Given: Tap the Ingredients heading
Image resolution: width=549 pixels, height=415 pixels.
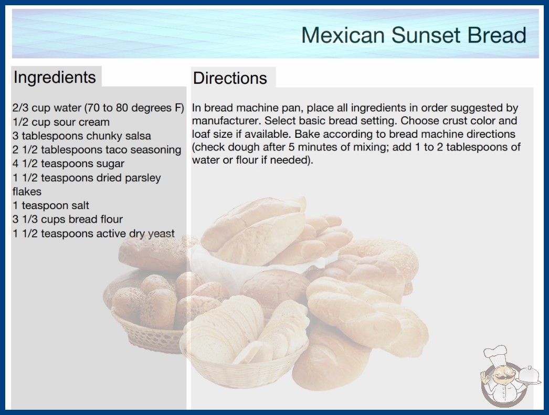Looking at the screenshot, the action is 55,78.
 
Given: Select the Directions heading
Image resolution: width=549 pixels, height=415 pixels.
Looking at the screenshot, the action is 230,78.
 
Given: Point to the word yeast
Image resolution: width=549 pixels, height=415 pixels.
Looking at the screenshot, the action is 161,234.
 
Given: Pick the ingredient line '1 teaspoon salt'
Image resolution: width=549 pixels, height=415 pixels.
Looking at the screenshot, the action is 51,205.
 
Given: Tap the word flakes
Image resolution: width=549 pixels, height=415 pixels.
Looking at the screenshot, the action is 27,192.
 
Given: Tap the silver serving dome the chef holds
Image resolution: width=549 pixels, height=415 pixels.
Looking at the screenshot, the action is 529,375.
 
